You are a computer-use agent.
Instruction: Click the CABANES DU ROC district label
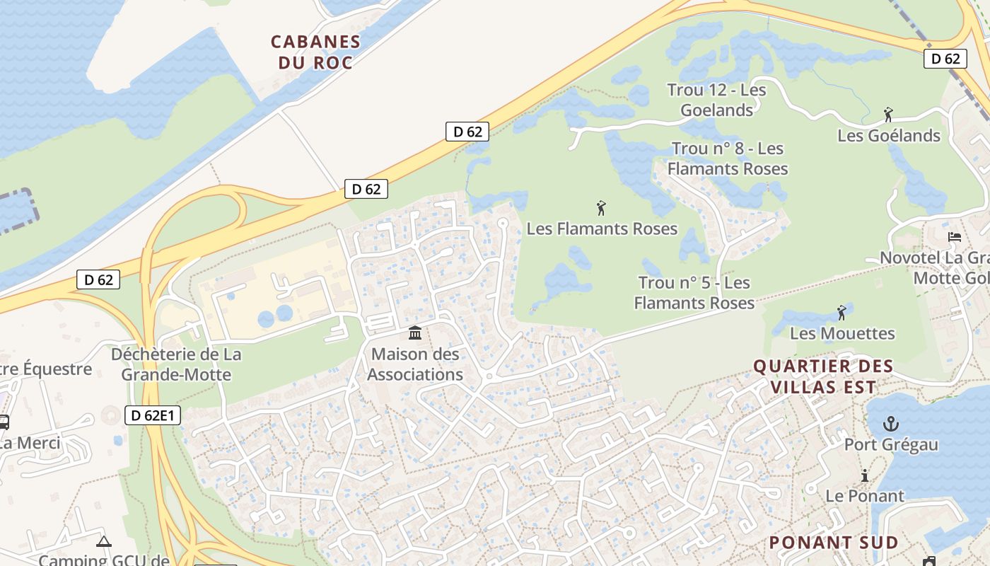(315, 52)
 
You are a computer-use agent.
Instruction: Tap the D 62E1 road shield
(153, 415)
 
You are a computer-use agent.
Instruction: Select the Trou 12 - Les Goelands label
(716, 100)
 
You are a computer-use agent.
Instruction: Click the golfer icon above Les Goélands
(888, 114)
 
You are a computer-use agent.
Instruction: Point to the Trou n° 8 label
(727, 158)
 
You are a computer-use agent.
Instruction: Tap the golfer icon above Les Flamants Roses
(601, 208)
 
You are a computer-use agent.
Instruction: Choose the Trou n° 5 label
(694, 292)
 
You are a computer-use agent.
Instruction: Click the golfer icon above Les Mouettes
(841, 312)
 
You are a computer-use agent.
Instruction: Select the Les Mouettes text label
(842, 333)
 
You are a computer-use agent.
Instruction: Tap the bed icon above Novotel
(955, 237)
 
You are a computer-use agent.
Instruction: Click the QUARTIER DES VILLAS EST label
(823, 376)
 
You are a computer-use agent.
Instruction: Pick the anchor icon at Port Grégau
(891, 424)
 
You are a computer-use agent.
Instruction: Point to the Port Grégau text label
(891, 444)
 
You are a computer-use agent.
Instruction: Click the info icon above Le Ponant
(864, 476)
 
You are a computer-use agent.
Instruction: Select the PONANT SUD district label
(833, 543)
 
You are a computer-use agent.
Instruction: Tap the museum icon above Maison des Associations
(415, 333)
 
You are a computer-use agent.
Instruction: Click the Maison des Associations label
(415, 364)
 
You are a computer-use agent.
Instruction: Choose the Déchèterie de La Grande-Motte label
(176, 364)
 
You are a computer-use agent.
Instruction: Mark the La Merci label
(30, 444)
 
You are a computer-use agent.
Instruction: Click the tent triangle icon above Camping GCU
(104, 542)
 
